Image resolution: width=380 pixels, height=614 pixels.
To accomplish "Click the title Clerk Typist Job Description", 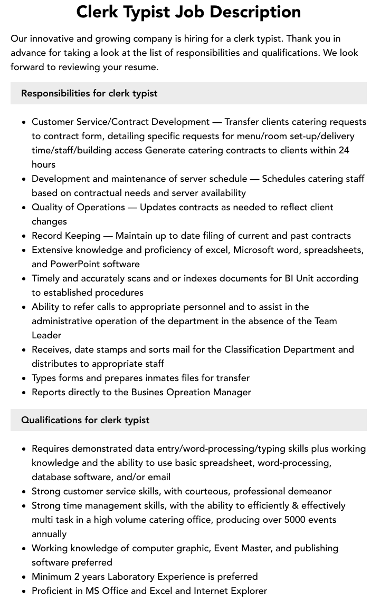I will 188,12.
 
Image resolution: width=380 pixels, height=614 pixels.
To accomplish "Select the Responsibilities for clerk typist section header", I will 89,93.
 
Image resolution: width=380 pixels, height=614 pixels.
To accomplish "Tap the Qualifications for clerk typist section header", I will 85,420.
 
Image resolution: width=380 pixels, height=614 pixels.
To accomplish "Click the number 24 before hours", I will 344,150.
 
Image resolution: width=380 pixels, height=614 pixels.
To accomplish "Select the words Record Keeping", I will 66,236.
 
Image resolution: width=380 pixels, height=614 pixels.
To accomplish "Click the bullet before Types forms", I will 24,378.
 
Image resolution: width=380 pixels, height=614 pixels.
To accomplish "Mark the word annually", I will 49,534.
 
